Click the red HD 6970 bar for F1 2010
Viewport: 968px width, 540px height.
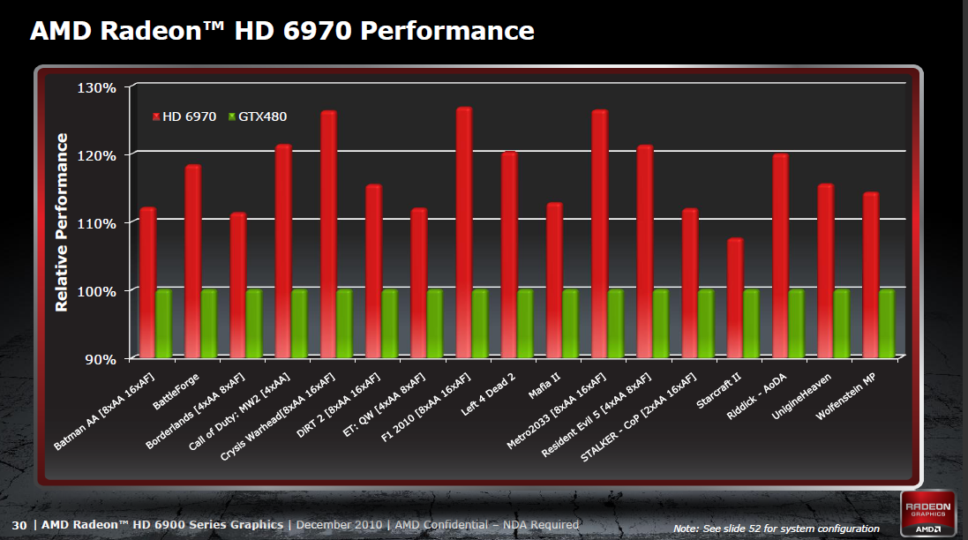pos(464,233)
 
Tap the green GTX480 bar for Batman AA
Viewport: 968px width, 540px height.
pos(163,323)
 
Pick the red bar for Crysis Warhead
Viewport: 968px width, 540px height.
pos(328,235)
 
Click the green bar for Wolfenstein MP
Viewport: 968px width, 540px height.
pos(887,323)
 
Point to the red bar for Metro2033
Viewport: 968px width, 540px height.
pos(600,235)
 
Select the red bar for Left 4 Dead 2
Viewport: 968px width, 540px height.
pos(509,255)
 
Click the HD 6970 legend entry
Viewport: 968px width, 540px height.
pos(185,116)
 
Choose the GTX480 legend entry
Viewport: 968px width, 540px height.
pos(258,116)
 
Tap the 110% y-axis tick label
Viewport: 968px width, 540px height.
pos(97,223)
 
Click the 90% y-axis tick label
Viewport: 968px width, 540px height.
pos(101,359)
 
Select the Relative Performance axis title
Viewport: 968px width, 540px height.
pos(62,222)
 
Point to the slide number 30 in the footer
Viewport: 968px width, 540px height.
pos(19,525)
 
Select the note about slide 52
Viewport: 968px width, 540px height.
pos(776,528)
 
